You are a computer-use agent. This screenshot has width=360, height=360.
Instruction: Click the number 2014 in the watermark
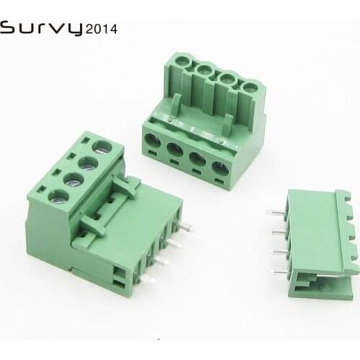102,30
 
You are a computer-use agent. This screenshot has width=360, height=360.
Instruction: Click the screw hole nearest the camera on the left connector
53,194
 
